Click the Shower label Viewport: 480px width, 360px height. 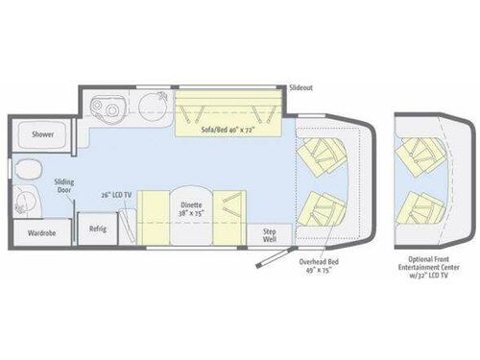click(42, 135)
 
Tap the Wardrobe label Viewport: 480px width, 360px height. click(41, 232)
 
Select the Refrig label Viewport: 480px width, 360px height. click(98, 228)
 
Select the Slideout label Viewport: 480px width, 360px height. click(300, 87)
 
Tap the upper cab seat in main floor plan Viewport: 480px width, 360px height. click(324, 154)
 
